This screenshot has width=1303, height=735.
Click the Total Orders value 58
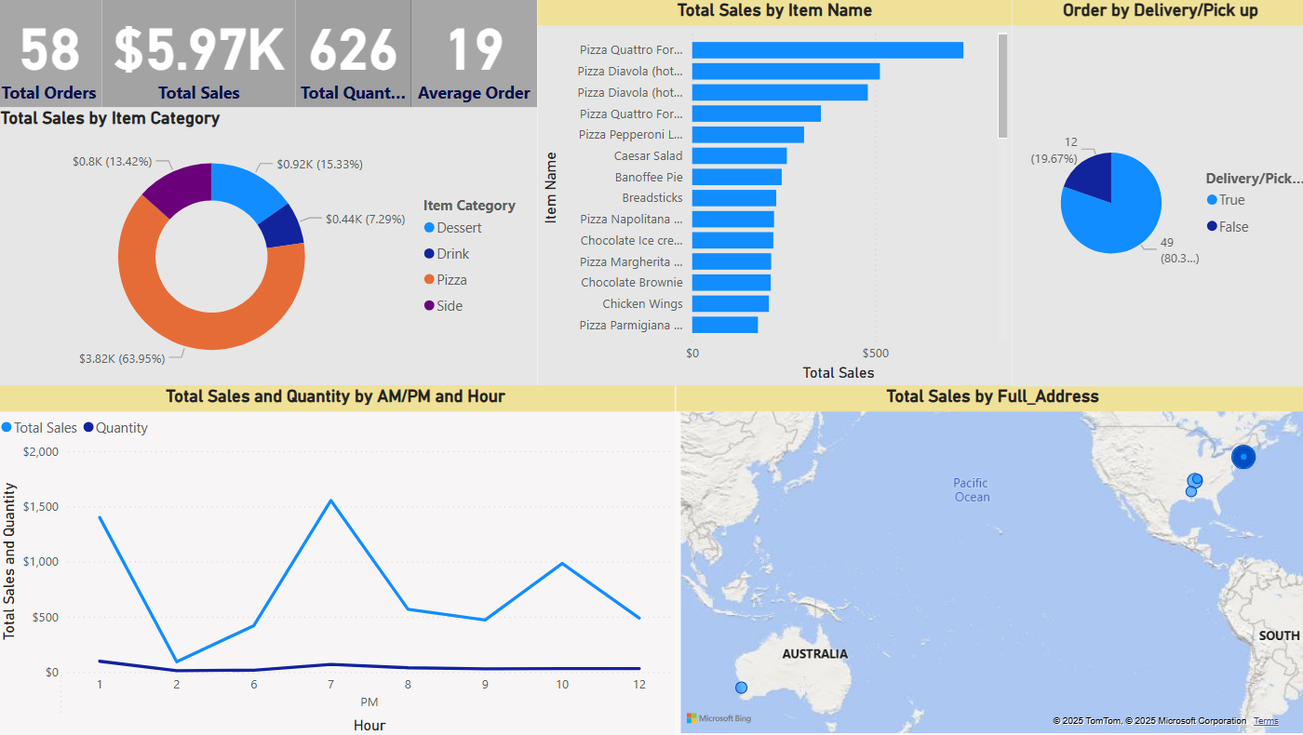49,50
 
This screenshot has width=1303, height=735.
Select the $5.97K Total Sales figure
198,50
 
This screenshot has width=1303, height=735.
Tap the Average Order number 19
474,50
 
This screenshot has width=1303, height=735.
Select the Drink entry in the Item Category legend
452,254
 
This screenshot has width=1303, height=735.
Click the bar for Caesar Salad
739,156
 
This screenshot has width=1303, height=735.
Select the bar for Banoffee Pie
736,177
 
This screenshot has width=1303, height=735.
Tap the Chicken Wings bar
730,304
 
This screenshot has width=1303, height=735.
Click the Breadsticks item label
651,198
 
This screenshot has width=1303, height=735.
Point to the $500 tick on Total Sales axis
876,354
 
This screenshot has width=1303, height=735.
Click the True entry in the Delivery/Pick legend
1231,200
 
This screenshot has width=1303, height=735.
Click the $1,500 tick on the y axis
39,507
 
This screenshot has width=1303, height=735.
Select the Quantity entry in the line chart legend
121,428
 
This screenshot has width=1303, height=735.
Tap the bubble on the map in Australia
741,688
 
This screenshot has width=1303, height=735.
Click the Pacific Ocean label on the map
971,489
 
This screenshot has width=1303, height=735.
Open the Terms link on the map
1266,721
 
